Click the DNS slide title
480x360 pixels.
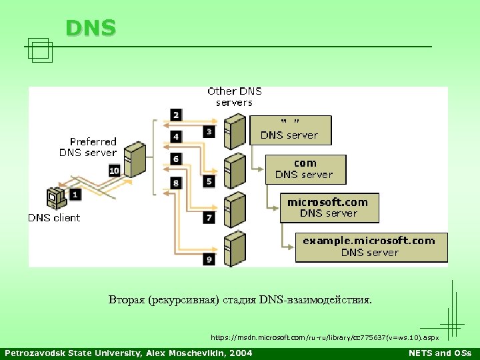point(91,27)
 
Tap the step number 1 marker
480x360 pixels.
point(75,195)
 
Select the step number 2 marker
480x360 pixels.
point(176,115)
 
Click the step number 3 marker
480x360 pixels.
point(209,131)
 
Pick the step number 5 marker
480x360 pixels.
point(209,181)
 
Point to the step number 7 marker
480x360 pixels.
point(209,218)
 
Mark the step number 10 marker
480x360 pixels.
point(114,171)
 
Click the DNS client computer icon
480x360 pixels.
point(55,198)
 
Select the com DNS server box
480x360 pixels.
point(305,169)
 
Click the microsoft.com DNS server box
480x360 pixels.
point(329,207)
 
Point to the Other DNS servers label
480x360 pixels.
point(235,97)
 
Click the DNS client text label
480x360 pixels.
point(54,217)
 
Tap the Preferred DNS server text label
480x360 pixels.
point(89,147)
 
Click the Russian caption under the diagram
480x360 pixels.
point(241,300)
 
